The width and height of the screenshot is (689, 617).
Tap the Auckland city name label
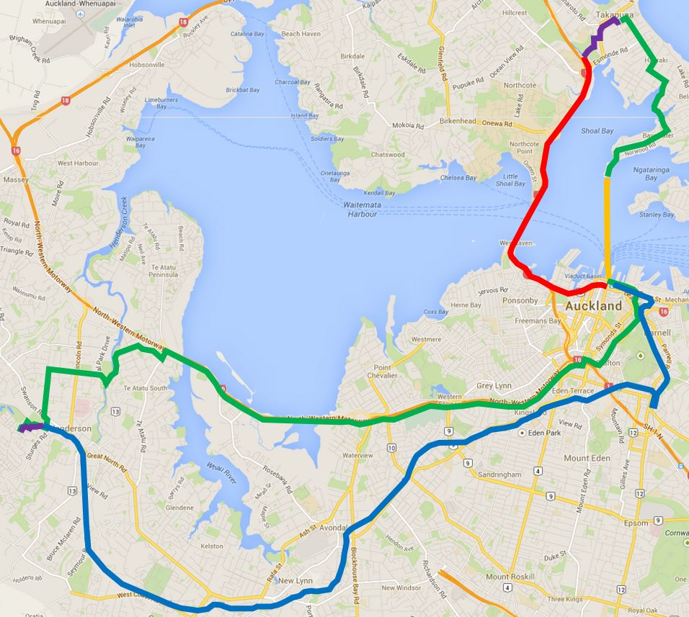pos(594,306)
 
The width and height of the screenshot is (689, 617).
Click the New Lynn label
pos(295,581)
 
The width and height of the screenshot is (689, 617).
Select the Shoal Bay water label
pos(597,131)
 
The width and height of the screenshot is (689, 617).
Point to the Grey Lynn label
pos(493,386)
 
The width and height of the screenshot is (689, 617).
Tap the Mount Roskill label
pos(509,577)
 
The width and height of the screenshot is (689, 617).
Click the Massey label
pos(15,179)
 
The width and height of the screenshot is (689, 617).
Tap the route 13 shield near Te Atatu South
pos(115,411)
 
